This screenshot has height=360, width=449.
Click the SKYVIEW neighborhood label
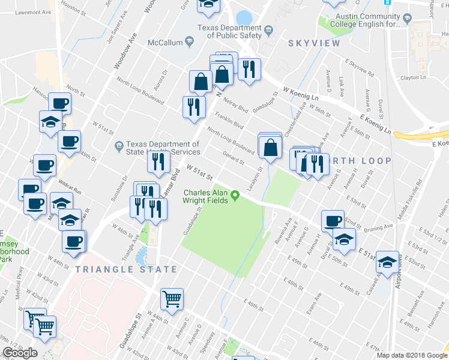(x=313, y=43)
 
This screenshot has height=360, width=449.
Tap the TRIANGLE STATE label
(x=127, y=269)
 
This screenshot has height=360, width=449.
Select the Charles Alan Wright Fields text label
(x=205, y=196)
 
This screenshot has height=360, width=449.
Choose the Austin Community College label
(x=367, y=21)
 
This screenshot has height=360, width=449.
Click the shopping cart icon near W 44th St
(x=172, y=298)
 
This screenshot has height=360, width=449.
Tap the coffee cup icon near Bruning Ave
(x=332, y=220)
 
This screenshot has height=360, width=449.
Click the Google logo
(x=20, y=353)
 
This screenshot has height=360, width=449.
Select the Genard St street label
(x=233, y=158)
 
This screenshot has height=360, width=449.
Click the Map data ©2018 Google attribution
(x=412, y=355)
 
